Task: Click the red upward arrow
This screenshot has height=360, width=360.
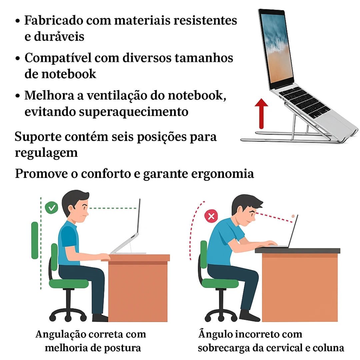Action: click(x=261, y=114)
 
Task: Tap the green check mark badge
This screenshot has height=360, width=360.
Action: click(x=51, y=208)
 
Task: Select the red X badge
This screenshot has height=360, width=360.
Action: click(x=211, y=216)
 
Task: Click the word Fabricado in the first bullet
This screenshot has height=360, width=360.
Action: click(x=54, y=20)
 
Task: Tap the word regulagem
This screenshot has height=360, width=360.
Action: click(x=46, y=153)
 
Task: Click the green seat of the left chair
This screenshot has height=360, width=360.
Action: click(x=69, y=284)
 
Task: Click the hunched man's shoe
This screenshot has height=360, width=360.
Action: click(x=249, y=316)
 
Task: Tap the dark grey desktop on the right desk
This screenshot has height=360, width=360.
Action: click(x=297, y=250)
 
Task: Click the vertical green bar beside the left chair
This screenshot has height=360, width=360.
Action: click(x=35, y=240)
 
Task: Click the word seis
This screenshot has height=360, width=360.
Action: click(x=124, y=137)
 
